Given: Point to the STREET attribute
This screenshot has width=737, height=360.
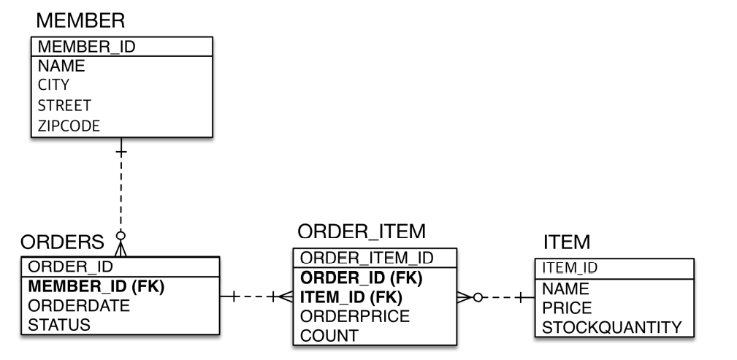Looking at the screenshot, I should [x=64, y=105].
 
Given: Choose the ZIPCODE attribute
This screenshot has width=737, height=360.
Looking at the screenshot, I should [x=69, y=125].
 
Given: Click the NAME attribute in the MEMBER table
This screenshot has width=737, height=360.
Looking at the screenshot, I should [x=61, y=66].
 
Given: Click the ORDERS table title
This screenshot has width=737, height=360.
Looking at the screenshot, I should [x=62, y=242].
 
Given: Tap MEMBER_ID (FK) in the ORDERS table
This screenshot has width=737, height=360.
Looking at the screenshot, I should [x=96, y=287].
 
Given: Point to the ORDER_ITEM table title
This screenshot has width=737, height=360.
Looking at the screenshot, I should [x=362, y=232].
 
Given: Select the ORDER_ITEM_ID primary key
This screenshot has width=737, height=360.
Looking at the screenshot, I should [x=367, y=258].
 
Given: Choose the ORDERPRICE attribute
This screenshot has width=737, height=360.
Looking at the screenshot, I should [x=355, y=316].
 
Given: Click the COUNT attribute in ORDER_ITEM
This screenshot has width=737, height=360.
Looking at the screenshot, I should [x=329, y=335].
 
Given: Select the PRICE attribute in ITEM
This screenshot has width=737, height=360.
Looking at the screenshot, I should [x=566, y=307].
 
